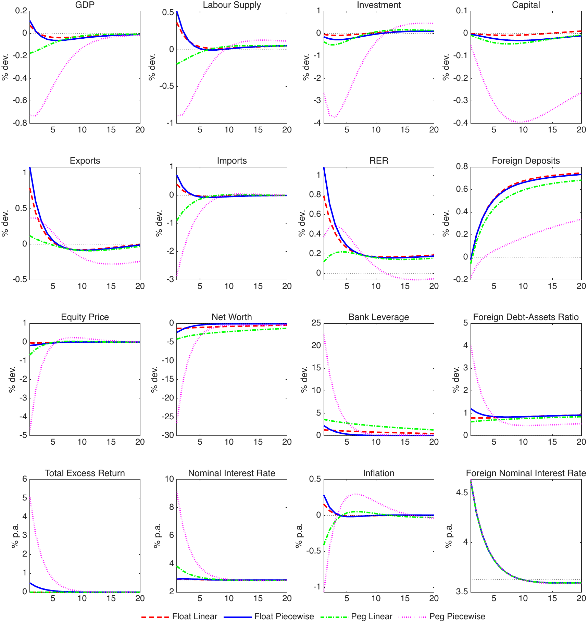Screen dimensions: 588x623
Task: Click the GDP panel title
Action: [x=85, y=5]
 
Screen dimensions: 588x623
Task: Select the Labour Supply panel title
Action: [x=232, y=5]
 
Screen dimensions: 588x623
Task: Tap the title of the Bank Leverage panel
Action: [x=379, y=317]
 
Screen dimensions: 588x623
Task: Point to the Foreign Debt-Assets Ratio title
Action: [x=526, y=317]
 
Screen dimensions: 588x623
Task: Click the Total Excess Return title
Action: [x=85, y=473]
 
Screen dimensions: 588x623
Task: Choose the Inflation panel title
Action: [x=379, y=473]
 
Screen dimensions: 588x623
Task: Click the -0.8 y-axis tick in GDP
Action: [x=20, y=123]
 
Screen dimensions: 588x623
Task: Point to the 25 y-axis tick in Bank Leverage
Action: [x=316, y=323]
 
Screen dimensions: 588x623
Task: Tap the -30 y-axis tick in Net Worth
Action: [x=167, y=435]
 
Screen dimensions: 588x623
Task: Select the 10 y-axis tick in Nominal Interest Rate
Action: [x=170, y=479]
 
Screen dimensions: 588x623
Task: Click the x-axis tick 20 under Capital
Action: [x=581, y=130]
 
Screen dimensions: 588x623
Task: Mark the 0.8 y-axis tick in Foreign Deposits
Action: [x=461, y=167]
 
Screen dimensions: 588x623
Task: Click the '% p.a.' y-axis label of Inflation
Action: [x=299, y=535]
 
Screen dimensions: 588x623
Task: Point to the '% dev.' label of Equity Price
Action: [x=12, y=379]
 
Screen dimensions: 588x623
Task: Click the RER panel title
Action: [x=379, y=161]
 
